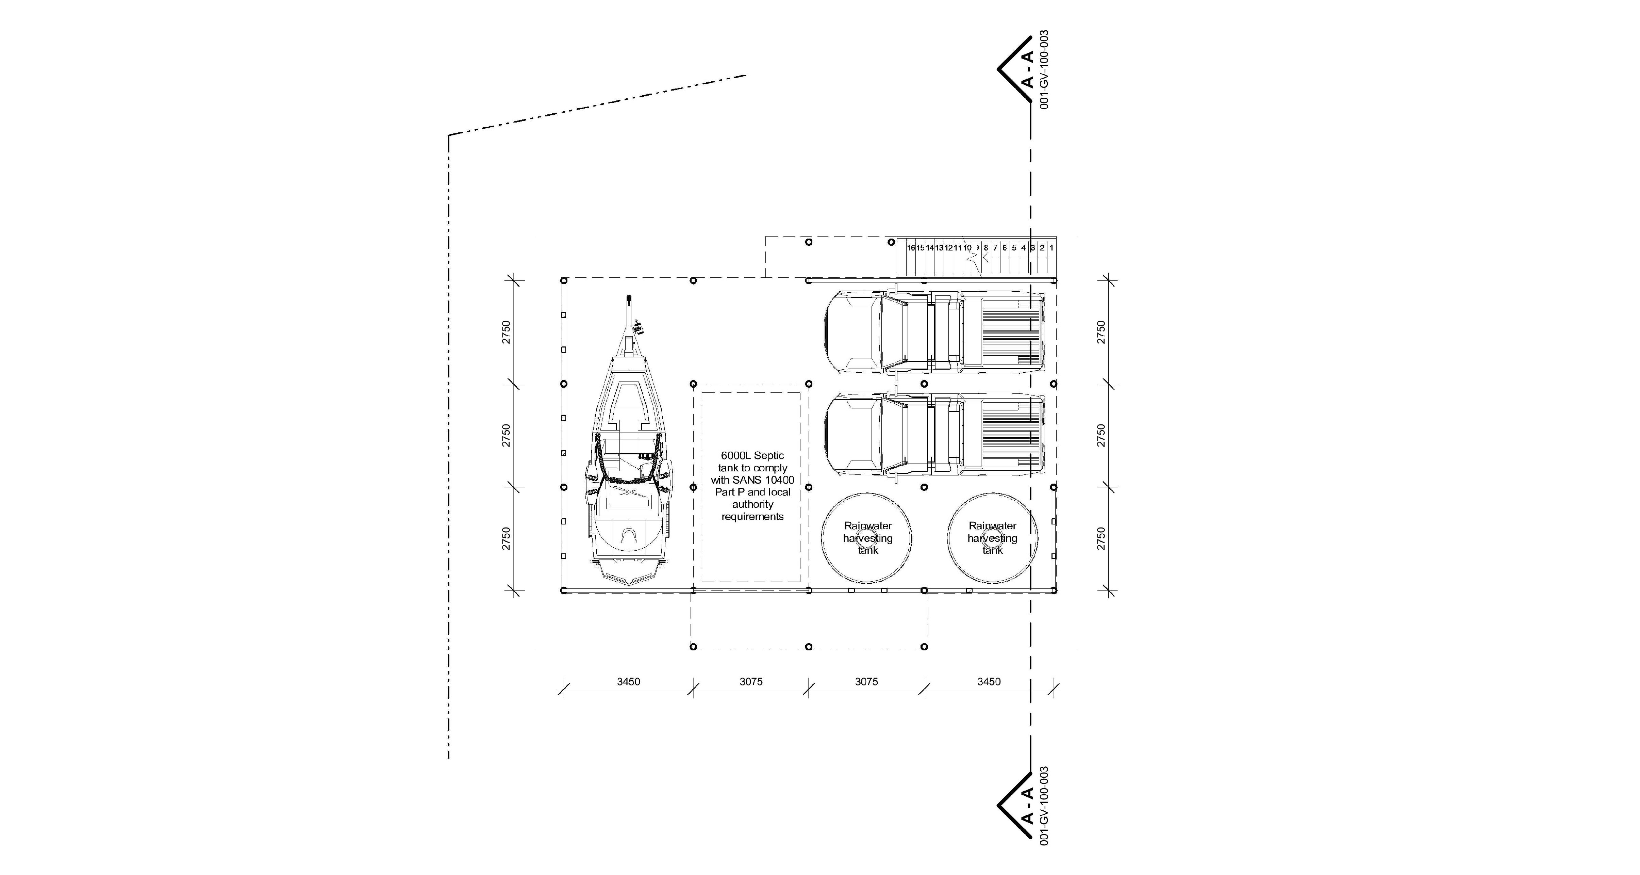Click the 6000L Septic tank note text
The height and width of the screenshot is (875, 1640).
point(752,486)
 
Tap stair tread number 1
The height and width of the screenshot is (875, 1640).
point(1051,248)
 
